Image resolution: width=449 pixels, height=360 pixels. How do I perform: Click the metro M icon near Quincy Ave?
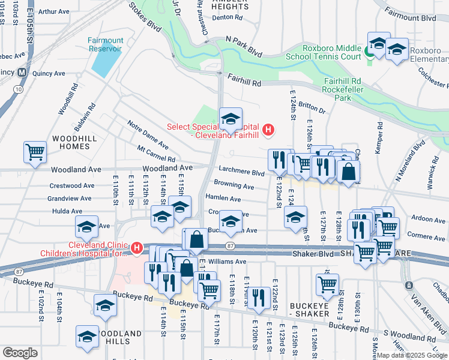point(22,72)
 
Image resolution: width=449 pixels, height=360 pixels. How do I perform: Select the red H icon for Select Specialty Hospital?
point(268,130)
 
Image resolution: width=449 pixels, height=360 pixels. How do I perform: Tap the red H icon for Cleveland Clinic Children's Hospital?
point(137,248)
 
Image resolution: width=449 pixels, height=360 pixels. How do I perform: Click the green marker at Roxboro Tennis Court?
point(369,52)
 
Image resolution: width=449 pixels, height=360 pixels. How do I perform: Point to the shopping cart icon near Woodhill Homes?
point(35,152)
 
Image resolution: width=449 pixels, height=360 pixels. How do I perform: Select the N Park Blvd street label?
point(244,46)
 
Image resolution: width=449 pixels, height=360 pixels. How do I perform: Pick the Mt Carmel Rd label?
point(155,154)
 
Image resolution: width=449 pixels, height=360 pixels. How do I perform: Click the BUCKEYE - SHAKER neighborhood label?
point(309,310)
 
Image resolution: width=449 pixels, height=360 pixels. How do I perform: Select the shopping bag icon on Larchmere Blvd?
point(348,172)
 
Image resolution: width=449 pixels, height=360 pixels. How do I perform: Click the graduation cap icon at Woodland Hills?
point(87,336)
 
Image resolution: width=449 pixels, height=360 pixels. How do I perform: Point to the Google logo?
point(19,353)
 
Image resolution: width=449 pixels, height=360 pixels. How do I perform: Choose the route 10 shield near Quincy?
point(19,89)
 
